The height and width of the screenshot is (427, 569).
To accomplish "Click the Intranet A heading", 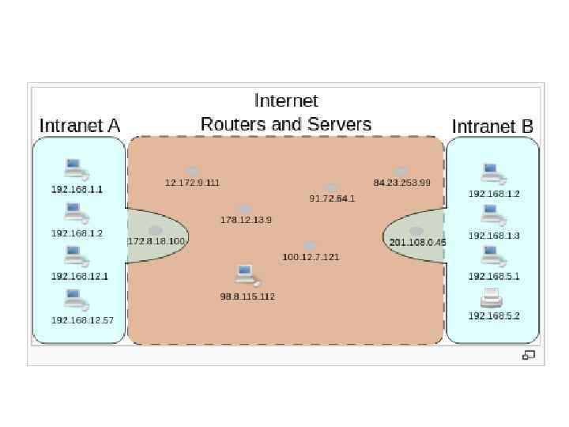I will [80, 126].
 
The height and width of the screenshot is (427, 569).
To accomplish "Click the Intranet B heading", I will [492, 127].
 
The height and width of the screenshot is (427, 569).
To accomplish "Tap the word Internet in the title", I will [286, 100].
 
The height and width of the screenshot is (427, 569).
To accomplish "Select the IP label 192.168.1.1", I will [77, 190].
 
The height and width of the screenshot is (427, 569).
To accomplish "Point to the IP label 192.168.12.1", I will [79, 276].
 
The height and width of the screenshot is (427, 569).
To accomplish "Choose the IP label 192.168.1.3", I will [494, 236].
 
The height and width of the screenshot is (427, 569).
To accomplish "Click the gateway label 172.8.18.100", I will [156, 241].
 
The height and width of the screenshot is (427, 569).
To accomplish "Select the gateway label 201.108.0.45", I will [417, 242].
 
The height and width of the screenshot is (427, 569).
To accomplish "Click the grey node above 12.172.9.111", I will [192, 171].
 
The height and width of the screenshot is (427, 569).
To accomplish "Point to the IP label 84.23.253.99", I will [401, 183].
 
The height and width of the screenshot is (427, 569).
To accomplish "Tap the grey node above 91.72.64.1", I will [331, 187].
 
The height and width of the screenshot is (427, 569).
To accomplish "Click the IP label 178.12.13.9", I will [246, 220].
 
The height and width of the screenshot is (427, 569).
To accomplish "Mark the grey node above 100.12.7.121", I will [310, 246].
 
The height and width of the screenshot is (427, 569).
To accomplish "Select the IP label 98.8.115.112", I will [247, 297].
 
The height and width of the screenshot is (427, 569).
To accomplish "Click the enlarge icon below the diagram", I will [528, 356].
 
